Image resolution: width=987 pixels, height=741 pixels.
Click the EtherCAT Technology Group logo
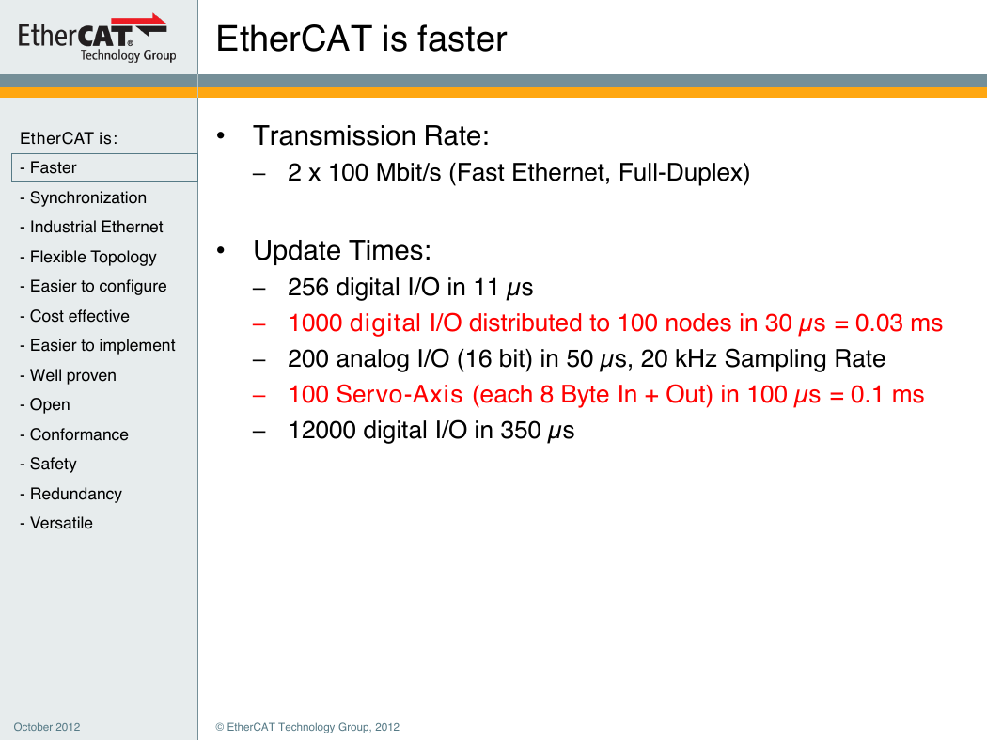(96, 38)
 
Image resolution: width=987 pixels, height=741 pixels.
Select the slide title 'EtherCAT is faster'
(361, 39)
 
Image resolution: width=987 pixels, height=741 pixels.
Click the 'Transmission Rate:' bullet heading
(371, 136)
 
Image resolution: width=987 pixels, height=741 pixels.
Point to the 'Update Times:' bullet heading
(342, 250)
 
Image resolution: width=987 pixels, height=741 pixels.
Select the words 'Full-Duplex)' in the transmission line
(684, 172)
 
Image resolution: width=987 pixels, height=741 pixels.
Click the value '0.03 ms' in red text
(899, 323)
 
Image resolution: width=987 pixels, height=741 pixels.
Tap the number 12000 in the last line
(321, 431)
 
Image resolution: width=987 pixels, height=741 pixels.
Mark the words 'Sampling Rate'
(805, 359)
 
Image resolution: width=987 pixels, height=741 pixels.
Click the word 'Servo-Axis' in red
(399, 395)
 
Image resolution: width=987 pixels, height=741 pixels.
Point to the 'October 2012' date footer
(47, 727)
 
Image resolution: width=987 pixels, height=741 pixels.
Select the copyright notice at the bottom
(307, 727)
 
